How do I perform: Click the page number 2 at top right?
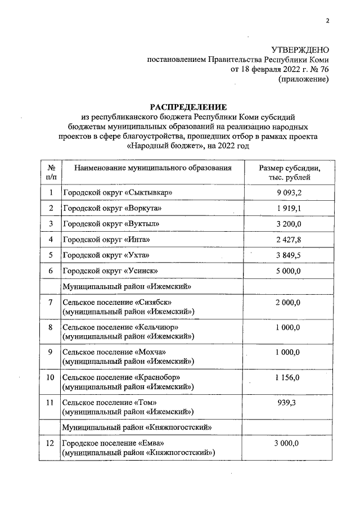(327, 22)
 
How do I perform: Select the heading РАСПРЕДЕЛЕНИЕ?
(188, 107)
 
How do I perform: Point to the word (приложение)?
(304, 79)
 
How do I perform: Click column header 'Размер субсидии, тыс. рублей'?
(289, 172)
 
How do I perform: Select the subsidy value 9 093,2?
(289, 193)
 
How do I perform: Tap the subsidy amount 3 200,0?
(289, 224)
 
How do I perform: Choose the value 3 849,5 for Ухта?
(289, 256)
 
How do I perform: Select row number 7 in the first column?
(51, 303)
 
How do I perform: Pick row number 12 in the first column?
(51, 443)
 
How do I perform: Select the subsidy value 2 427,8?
(289, 240)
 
